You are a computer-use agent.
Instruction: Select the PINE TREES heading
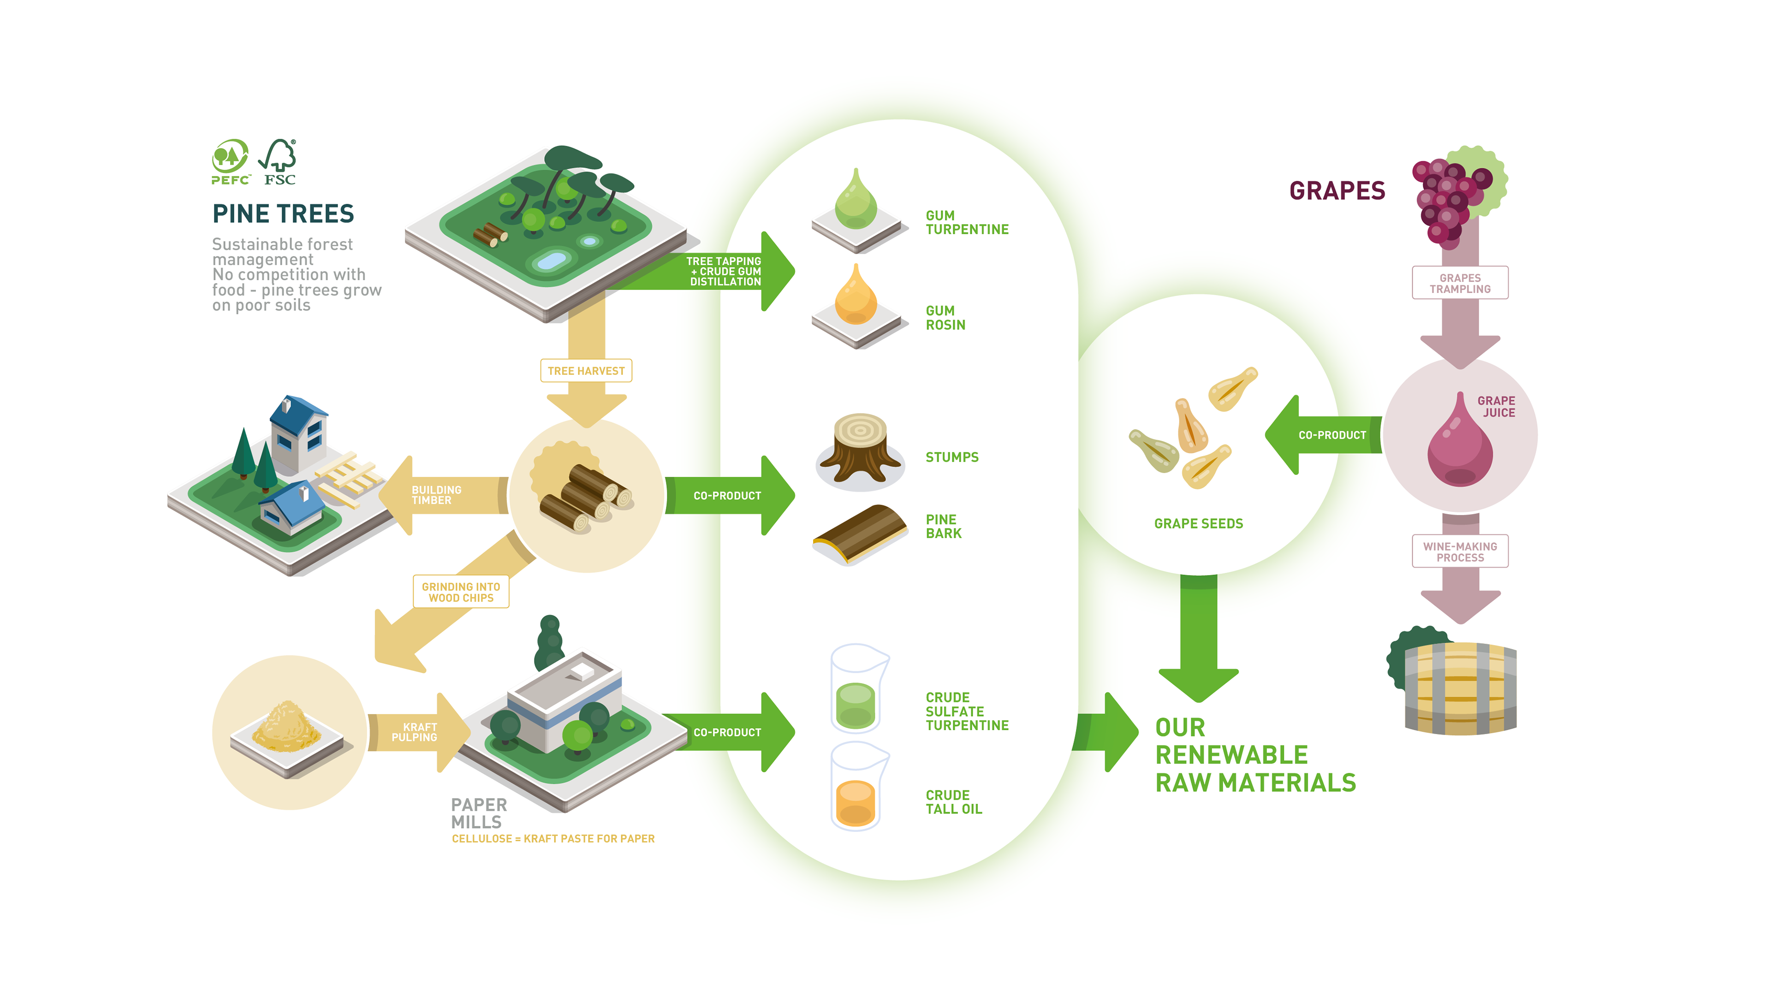pyautogui.click(x=283, y=214)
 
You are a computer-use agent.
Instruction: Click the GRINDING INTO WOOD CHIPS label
pyautogui.click(x=461, y=592)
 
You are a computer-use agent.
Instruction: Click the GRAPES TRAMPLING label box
pyautogui.click(x=1460, y=283)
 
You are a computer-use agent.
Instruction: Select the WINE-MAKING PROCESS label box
pyautogui.click(x=1460, y=552)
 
